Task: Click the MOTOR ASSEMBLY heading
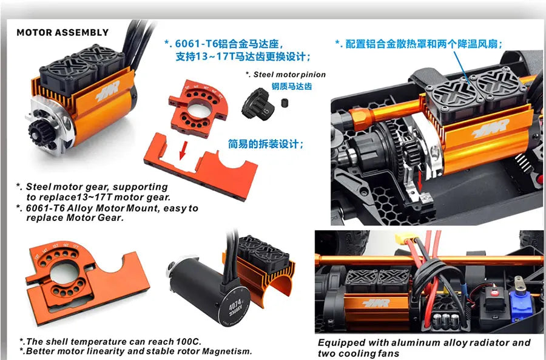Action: tap(62, 32)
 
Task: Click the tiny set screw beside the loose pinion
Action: tap(285, 103)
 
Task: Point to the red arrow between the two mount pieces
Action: tap(183, 150)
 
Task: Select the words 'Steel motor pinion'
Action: tap(289, 75)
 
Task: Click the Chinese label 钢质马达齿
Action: tap(291, 86)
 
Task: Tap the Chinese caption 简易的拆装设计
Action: tap(265, 144)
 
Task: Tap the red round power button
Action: tap(493, 293)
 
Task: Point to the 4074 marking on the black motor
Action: tap(235, 305)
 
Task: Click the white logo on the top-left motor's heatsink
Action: tap(107, 91)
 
